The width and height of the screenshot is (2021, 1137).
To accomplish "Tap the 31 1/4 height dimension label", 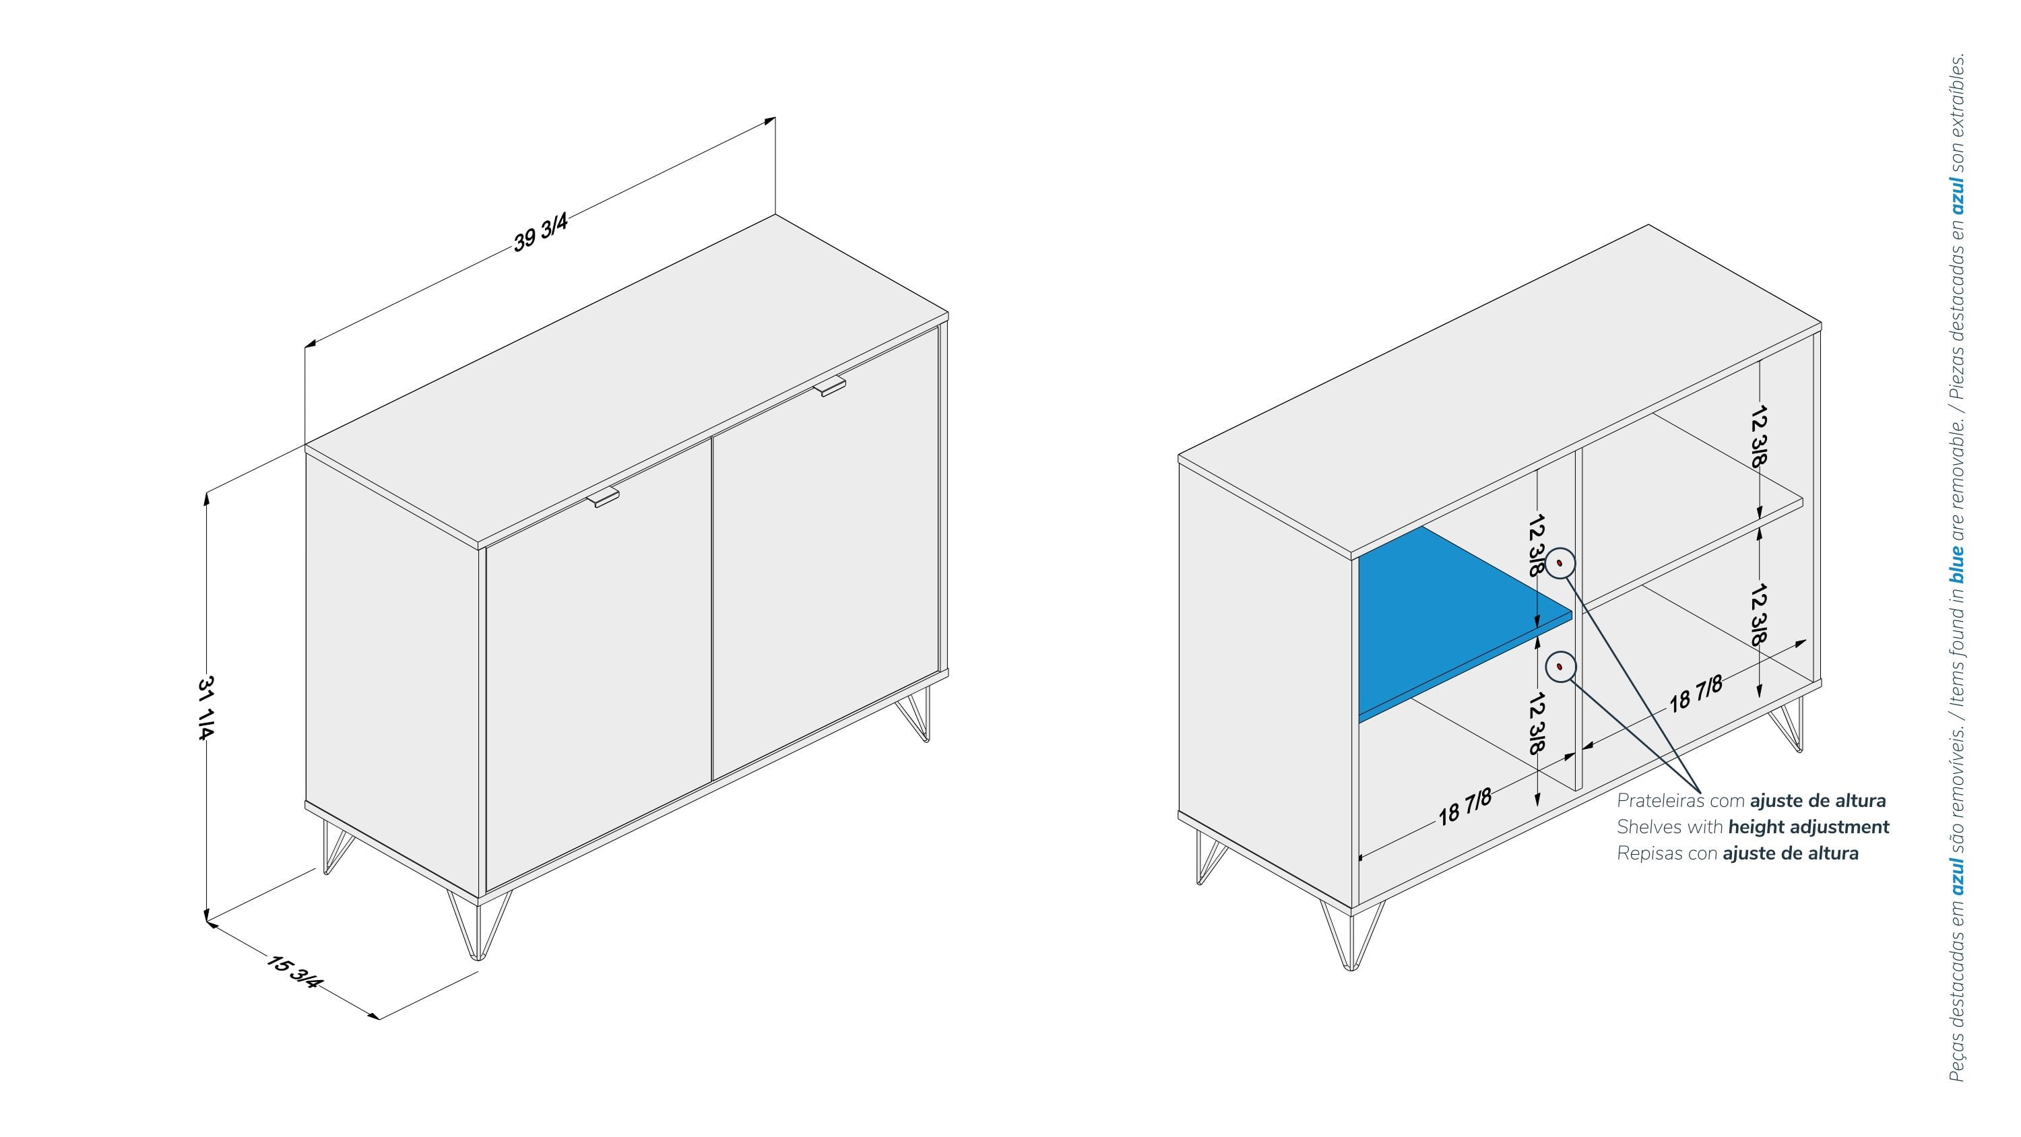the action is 205,707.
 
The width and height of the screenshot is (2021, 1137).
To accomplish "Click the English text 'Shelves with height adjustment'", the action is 1753,826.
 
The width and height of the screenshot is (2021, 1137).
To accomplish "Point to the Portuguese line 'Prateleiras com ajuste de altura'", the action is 1751,800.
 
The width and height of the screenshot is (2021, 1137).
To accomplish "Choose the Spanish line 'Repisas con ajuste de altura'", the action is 1738,853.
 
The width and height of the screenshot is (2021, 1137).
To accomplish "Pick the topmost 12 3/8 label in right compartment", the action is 1759,437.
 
